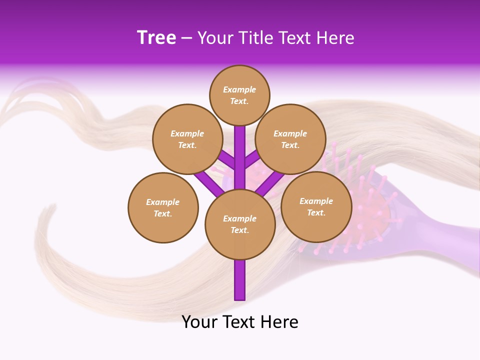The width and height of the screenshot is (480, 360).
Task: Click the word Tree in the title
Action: (x=156, y=38)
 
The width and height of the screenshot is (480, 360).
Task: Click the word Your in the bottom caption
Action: (x=199, y=322)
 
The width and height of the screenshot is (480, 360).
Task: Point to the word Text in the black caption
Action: (x=240, y=322)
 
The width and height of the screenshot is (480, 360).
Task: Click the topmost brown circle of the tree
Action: (x=239, y=95)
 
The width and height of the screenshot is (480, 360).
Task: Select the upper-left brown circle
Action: (x=187, y=139)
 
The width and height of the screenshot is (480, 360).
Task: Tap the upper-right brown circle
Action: (x=290, y=139)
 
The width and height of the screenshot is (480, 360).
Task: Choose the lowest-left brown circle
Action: (x=163, y=207)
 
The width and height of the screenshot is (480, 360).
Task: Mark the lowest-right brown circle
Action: (x=316, y=206)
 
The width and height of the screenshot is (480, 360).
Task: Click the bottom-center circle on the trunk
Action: (x=240, y=224)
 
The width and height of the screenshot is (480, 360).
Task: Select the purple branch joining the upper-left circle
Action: (x=226, y=160)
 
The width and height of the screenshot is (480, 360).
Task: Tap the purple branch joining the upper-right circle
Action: (x=253, y=159)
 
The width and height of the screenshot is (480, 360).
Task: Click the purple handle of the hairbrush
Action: (x=440, y=235)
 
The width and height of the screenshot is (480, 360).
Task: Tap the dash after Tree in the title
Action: (x=186, y=38)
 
